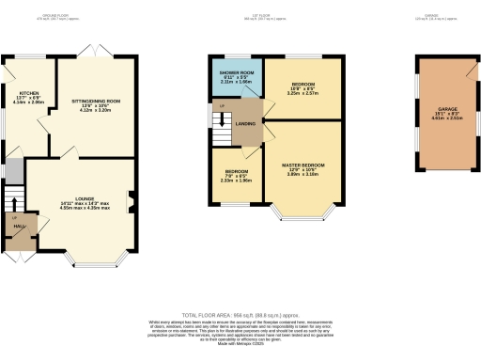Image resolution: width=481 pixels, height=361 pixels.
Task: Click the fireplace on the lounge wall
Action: click(x=131, y=200)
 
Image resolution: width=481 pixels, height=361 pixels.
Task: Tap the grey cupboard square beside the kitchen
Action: click(x=14, y=171)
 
